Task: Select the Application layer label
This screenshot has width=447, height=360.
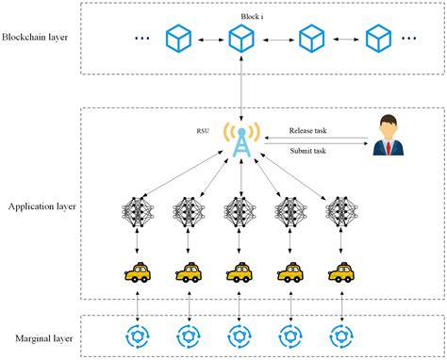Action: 41,205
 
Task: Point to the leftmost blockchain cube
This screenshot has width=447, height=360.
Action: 176,39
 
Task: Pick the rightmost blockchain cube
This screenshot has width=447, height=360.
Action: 378,39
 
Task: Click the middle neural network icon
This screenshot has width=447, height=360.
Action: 240,215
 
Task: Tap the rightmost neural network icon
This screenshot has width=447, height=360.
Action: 339,215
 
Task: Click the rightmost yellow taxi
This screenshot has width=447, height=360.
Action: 339,273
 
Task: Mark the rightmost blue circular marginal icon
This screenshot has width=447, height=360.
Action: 339,335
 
